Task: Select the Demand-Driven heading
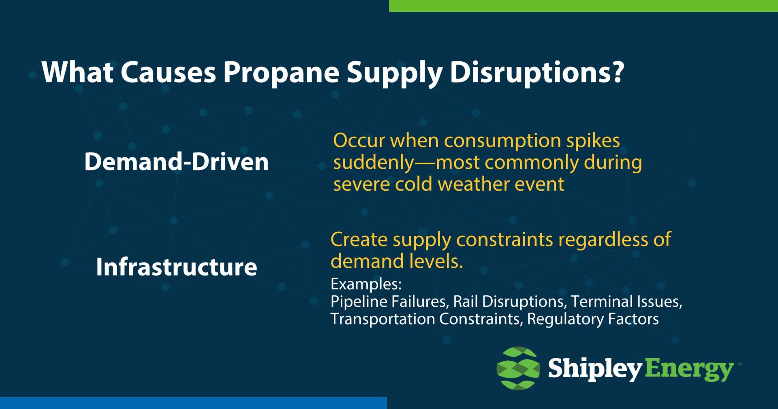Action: click(x=176, y=161)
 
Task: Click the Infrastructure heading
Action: click(x=176, y=267)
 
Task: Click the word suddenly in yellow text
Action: click(x=373, y=163)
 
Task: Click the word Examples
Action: click(x=365, y=284)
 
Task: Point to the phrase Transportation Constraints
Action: click(x=425, y=319)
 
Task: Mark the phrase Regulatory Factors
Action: click(x=593, y=319)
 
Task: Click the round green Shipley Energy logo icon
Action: click(x=518, y=368)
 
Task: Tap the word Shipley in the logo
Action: click(x=594, y=369)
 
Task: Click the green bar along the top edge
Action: click(x=583, y=6)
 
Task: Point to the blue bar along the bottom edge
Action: click(x=193, y=403)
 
